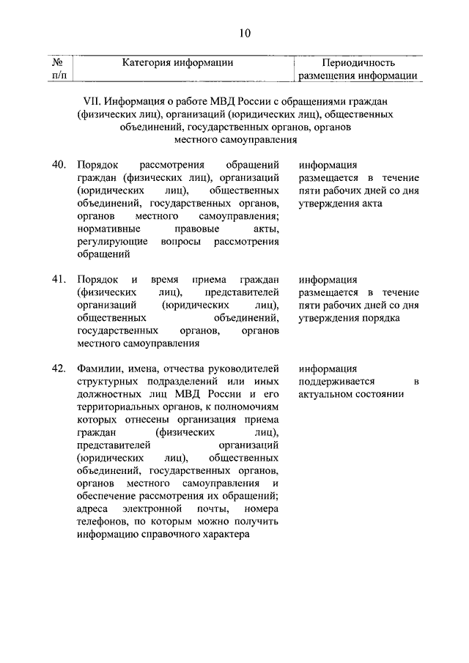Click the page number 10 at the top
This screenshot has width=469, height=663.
click(245, 32)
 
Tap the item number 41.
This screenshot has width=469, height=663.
click(59, 279)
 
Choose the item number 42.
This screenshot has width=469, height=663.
click(59, 368)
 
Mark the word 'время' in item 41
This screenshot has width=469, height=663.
click(166, 279)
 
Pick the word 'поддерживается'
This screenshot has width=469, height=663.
click(337, 381)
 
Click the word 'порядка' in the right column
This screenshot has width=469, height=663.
click(379, 319)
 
